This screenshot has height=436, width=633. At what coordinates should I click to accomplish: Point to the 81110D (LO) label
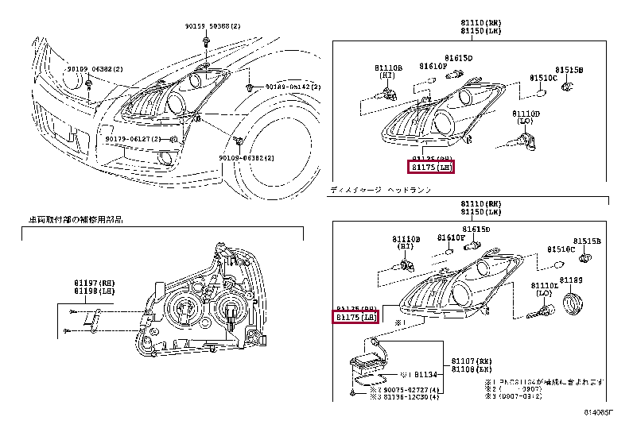click(x=526, y=118)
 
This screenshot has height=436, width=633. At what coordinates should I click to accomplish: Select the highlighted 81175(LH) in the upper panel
click(x=432, y=168)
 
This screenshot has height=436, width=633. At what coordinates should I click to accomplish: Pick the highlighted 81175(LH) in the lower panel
click(x=355, y=318)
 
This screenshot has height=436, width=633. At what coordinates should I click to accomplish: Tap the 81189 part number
click(x=571, y=280)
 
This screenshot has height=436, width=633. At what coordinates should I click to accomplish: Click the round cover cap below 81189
click(x=572, y=303)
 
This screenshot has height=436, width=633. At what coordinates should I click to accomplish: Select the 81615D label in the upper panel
click(x=458, y=59)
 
